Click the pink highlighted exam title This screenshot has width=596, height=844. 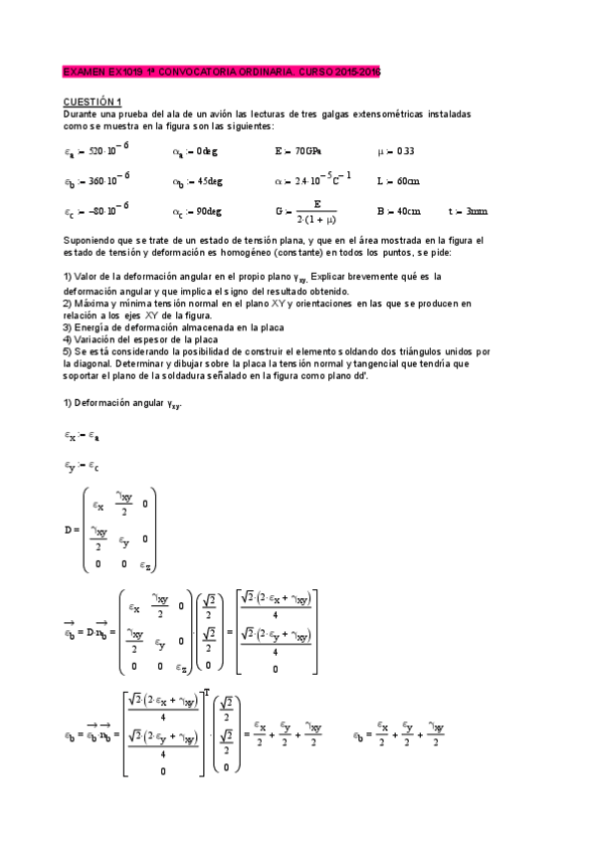(x=221, y=73)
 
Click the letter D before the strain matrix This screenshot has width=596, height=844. (x=67, y=529)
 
